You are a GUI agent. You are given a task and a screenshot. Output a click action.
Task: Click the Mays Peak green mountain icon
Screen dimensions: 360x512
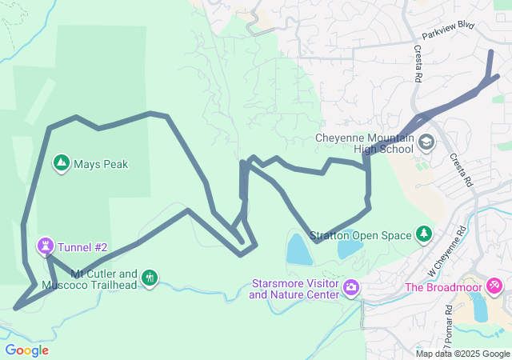click(61, 164)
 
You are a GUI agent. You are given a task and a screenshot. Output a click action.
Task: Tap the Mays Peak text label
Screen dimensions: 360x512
click(101, 165)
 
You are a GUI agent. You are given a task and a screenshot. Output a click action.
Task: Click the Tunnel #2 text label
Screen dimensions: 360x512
click(82, 247)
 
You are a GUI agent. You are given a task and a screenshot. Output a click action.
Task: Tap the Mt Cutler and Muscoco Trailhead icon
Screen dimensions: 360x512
click(149, 278)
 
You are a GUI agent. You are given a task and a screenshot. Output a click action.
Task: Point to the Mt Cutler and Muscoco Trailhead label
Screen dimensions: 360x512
click(103, 279)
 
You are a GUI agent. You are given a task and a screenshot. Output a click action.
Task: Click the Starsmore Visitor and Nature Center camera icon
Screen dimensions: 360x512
click(350, 287)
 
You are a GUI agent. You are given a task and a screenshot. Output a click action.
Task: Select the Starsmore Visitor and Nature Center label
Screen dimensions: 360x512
click(294, 289)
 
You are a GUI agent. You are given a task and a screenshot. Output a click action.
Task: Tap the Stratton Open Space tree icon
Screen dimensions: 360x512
click(423, 234)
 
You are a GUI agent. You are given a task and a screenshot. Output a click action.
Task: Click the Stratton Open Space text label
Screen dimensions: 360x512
click(360, 235)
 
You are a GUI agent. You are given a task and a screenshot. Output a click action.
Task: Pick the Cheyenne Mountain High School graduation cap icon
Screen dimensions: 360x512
click(426, 142)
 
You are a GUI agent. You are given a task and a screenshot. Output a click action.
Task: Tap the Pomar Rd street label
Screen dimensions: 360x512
click(451, 318)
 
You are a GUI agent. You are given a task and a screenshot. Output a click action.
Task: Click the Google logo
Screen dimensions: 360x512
click(26, 350)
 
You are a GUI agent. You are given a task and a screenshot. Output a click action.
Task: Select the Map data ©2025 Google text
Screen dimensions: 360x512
click(462, 354)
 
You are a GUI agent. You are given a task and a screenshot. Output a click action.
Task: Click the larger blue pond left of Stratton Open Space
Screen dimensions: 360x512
click(298, 250)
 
